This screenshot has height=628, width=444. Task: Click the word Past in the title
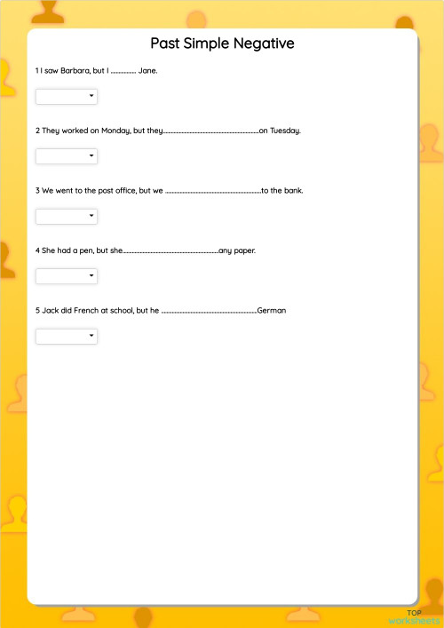click(x=164, y=44)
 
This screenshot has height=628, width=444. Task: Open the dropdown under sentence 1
click(x=67, y=96)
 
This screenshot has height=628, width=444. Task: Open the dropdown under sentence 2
click(x=67, y=156)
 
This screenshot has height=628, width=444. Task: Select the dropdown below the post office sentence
click(x=67, y=216)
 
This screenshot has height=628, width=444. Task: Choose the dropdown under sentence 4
click(x=67, y=276)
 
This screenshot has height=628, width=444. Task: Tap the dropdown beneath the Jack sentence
click(x=67, y=336)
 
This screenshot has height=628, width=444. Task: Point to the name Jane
click(x=148, y=70)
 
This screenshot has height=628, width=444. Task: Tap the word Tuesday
click(x=286, y=131)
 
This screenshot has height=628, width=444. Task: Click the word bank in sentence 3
click(x=294, y=190)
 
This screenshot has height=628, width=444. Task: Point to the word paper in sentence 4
click(x=245, y=250)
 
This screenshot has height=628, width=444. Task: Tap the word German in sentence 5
click(x=271, y=311)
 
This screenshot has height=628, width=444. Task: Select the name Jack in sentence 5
click(x=50, y=311)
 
